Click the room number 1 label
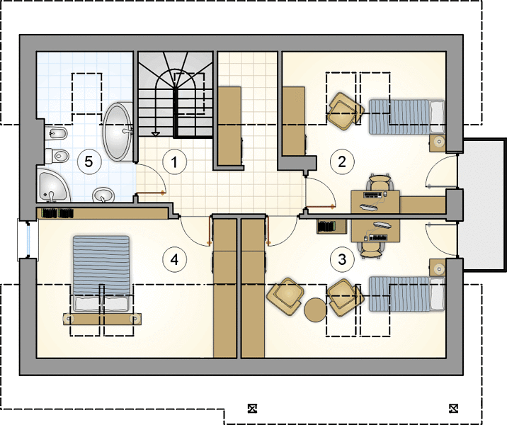pyautogui.click(x=175, y=161)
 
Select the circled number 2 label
pyautogui.click(x=342, y=161)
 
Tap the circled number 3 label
pyautogui.click(x=342, y=259)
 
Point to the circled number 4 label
pyautogui.click(x=175, y=259)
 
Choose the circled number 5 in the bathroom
pyautogui.click(x=89, y=161)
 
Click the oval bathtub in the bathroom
pyautogui.click(x=118, y=132)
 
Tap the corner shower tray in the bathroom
pyautogui.click(x=54, y=186)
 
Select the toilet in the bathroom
pyautogui.click(x=57, y=156)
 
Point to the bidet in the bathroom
pyautogui.click(x=56, y=133)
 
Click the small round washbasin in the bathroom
pyautogui.click(x=103, y=195)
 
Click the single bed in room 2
pyautogui.click(x=406, y=117)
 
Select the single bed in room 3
pyautogui.click(x=406, y=294)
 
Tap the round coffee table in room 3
pyautogui.click(x=315, y=310)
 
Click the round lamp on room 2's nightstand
pyautogui.click(x=439, y=142)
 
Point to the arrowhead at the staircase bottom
pyautogui.click(x=156, y=134)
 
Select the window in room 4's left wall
pyautogui.click(x=28, y=239)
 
